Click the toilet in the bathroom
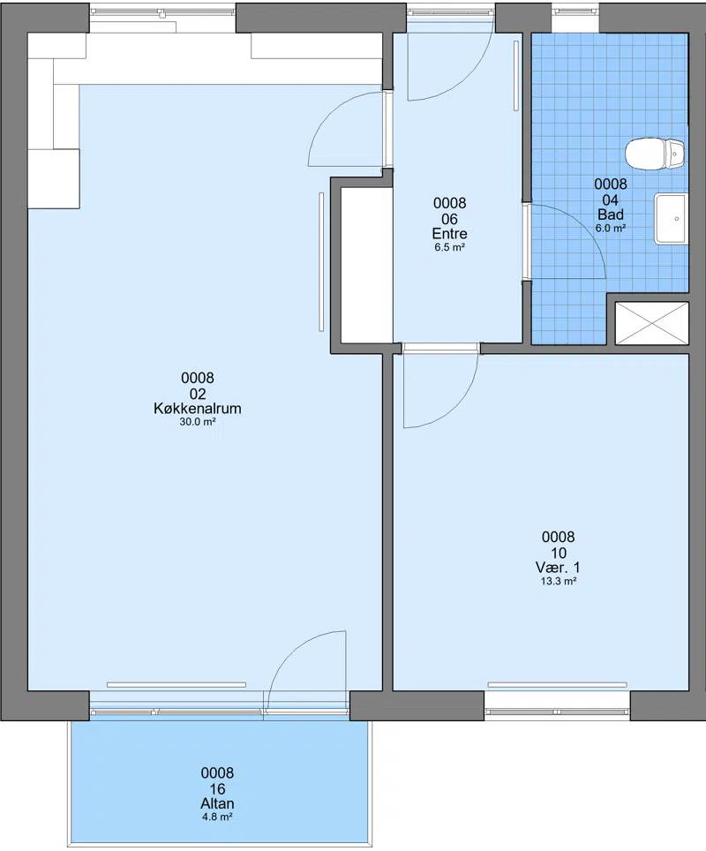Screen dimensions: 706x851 click(655, 154)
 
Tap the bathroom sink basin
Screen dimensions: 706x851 click(672, 218)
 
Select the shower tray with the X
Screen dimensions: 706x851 click(652, 323)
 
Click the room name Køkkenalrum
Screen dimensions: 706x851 click(198, 409)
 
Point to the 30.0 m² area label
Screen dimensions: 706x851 click(198, 422)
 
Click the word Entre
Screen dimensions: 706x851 click(449, 234)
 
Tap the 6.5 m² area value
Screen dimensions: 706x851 click(449, 247)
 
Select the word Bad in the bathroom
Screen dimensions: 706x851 click(611, 215)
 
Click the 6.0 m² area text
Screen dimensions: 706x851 click(611, 229)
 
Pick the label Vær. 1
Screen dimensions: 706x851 click(558, 568)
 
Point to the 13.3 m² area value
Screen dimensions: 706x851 click(558, 581)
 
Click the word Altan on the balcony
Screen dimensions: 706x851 click(218, 804)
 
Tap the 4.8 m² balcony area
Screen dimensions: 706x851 click(218, 817)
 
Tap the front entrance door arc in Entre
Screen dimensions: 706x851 click(471, 77)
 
